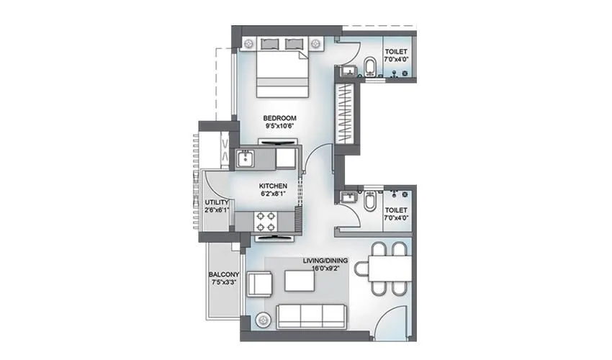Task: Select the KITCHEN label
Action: click(x=274, y=186)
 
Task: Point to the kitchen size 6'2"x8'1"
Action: click(x=274, y=194)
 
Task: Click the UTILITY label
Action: click(x=217, y=202)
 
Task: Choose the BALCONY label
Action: click(x=224, y=274)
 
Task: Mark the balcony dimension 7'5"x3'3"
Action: click(x=224, y=283)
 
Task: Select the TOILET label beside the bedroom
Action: click(x=395, y=52)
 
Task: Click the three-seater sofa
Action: click(x=311, y=314)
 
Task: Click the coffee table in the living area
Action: click(x=300, y=279)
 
